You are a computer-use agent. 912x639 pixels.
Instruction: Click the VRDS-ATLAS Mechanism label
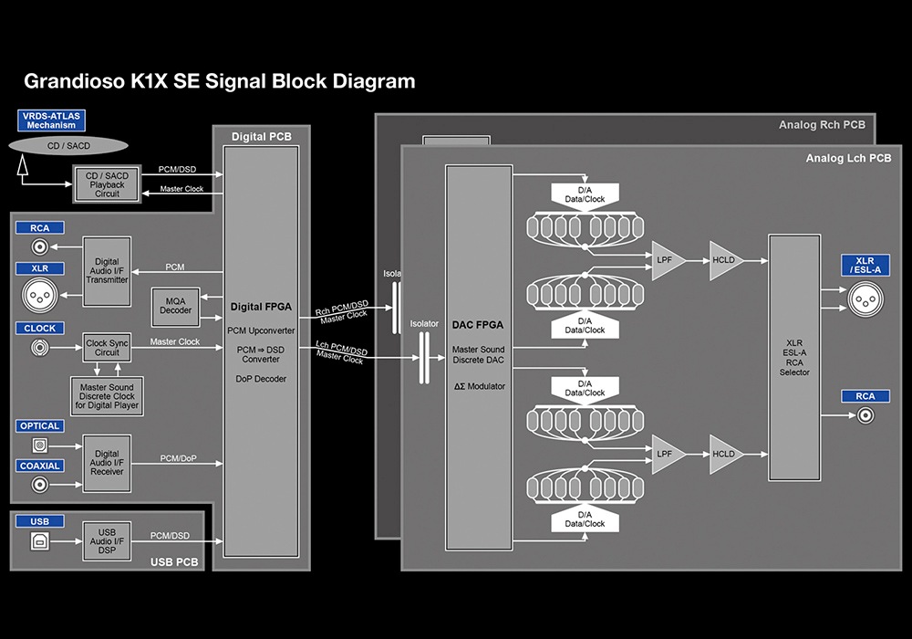point(51,120)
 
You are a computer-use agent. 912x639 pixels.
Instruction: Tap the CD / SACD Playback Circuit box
point(107,184)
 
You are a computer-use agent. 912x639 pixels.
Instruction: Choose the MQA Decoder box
point(177,305)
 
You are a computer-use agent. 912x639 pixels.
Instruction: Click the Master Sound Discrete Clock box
point(108,393)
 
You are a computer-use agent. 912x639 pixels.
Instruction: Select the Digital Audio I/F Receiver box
point(107,464)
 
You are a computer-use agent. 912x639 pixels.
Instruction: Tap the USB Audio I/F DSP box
point(107,541)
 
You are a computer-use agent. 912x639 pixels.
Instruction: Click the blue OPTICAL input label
point(39,426)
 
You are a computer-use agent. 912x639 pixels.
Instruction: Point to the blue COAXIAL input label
point(39,466)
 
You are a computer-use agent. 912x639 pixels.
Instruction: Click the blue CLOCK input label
point(39,328)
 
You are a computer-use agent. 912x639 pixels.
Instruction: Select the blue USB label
point(39,522)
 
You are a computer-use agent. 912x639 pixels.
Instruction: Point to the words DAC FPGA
point(479,325)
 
